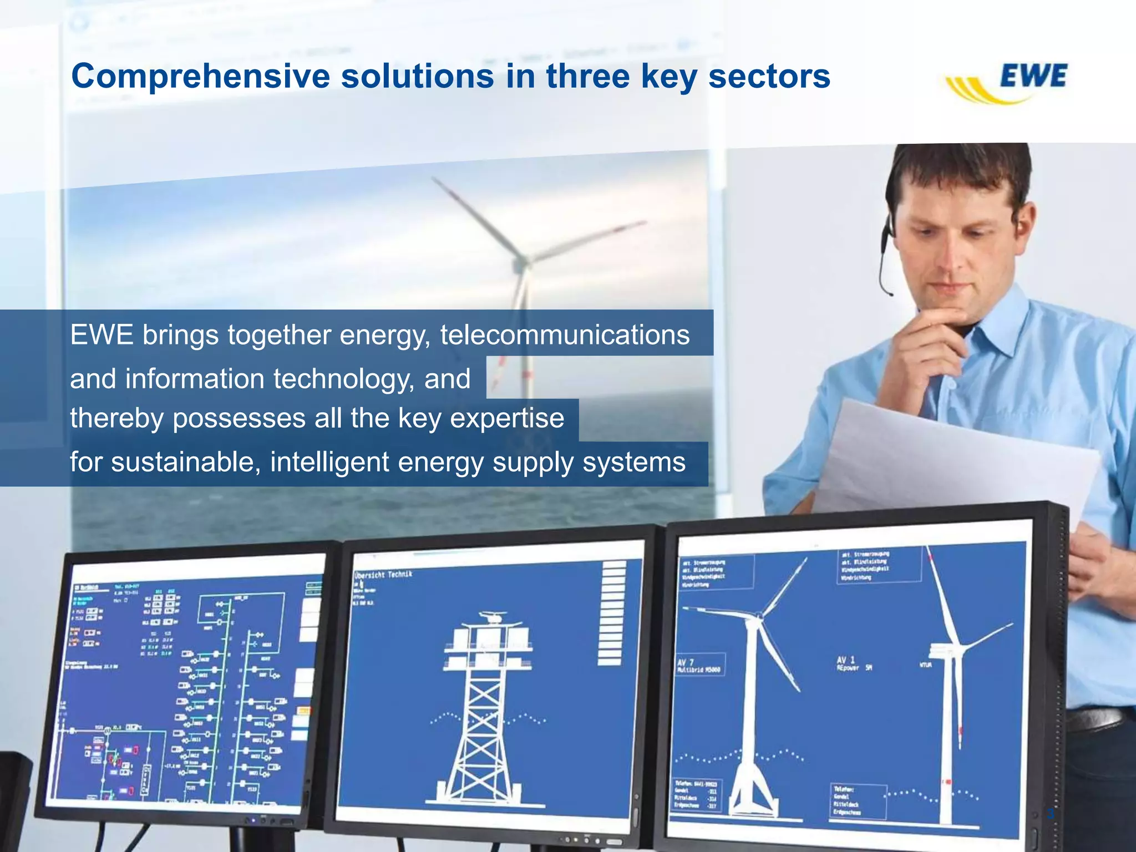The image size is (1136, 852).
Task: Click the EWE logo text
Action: [1033, 77]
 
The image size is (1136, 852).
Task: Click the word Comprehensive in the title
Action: [200, 76]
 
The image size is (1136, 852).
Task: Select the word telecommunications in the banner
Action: [565, 335]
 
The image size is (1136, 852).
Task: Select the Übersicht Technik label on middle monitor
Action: [383, 575]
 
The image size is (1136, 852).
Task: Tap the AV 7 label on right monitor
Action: [686, 662]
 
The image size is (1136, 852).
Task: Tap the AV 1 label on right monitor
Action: [846, 660]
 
